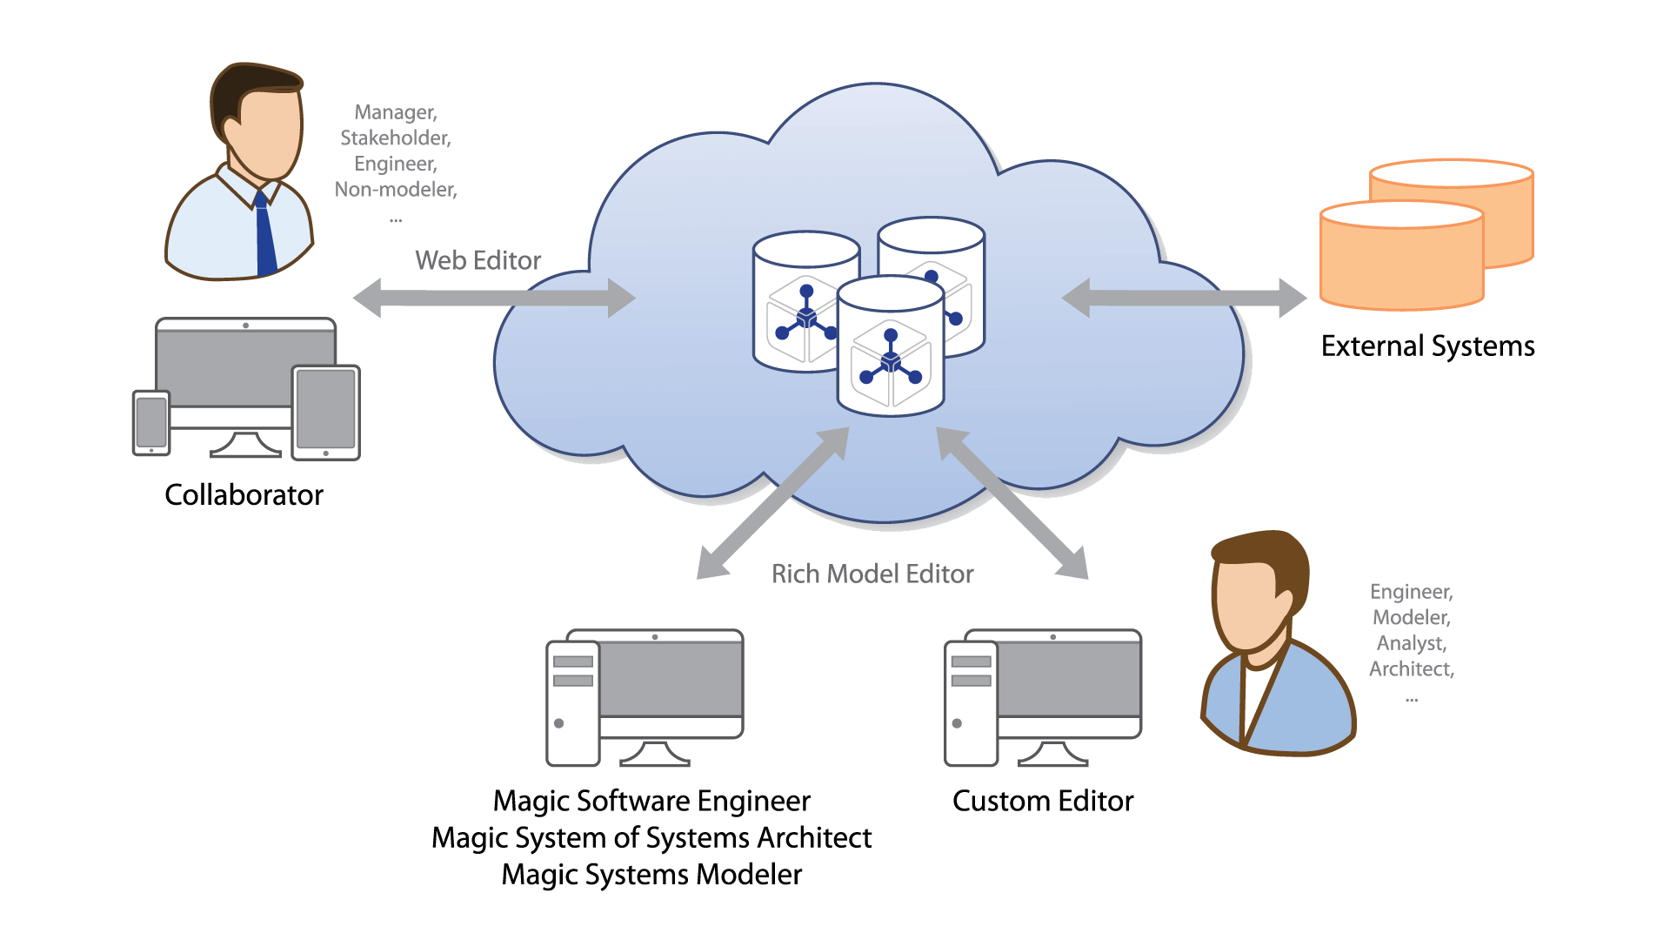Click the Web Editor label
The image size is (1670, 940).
(x=478, y=260)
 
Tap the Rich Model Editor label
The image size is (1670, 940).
(x=872, y=574)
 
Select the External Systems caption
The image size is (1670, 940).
(x=1427, y=346)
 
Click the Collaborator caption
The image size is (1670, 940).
(x=244, y=495)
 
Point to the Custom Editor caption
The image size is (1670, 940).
(x=1043, y=801)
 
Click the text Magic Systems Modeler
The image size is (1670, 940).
(x=651, y=874)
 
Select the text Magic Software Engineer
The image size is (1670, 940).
(x=651, y=801)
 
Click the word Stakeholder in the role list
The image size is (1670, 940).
(x=396, y=138)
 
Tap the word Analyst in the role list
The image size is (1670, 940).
(x=1411, y=643)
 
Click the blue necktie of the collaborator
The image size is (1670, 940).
(x=264, y=235)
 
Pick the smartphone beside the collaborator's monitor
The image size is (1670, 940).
(x=151, y=423)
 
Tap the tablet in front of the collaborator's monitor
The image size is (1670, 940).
(x=326, y=412)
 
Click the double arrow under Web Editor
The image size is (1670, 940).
(x=494, y=298)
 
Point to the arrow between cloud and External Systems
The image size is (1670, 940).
(x=1184, y=298)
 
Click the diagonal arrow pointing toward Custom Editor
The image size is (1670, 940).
(x=1013, y=503)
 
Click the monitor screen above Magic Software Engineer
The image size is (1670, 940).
(x=671, y=679)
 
